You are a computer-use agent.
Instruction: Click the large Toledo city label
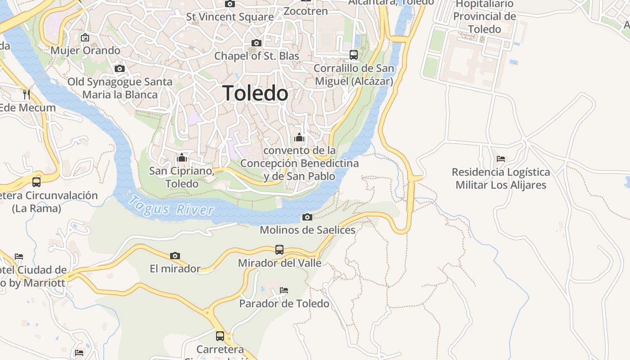tap(255, 93)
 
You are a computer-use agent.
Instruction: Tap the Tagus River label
tap(171, 205)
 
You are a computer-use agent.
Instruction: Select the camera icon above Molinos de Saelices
tap(307, 217)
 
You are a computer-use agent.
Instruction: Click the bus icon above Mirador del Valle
tap(279, 249)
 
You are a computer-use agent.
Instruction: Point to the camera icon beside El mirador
tap(175, 256)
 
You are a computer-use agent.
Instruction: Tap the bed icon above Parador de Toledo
tap(283, 290)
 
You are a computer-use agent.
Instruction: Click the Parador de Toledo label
tap(284, 303)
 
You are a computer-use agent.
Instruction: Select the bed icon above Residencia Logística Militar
tap(500, 158)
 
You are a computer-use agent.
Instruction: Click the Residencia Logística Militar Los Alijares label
tap(500, 178)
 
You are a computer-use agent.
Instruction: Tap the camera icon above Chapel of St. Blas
tap(256, 43)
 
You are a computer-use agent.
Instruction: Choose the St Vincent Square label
tap(230, 17)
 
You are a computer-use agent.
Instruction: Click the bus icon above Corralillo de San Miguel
tap(354, 55)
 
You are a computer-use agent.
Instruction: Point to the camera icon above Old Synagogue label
tap(120, 68)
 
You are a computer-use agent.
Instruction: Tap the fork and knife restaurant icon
tap(27, 94)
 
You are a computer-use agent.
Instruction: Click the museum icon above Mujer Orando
tap(85, 37)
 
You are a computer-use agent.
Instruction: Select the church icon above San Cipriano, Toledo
tap(182, 157)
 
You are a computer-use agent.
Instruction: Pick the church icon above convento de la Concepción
tap(299, 137)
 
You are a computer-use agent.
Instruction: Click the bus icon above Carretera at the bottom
tap(220, 336)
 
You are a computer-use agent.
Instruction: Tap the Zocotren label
tap(306, 11)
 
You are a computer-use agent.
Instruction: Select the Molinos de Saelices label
tap(307, 230)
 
